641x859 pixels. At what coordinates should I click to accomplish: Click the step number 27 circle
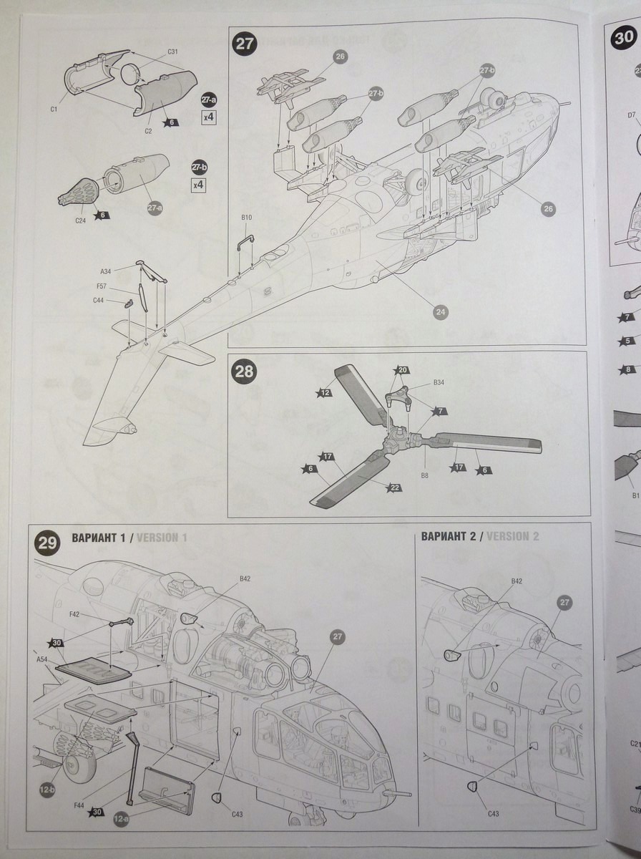(245, 44)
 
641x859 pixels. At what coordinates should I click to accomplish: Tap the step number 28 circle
(245, 372)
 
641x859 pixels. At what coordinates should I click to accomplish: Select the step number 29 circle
(48, 543)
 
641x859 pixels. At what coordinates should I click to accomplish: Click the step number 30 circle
(623, 39)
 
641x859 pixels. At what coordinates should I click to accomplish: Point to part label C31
(172, 52)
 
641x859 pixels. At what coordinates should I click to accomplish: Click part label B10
(247, 217)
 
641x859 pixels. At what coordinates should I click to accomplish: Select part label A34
(106, 271)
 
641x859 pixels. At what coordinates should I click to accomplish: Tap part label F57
(102, 286)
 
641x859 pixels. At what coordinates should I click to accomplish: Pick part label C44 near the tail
(99, 301)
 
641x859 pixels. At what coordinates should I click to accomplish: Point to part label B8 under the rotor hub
(424, 475)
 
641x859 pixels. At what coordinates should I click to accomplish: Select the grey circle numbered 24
(441, 311)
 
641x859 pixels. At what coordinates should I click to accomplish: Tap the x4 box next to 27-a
(209, 116)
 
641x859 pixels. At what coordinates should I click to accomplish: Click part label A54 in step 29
(41, 659)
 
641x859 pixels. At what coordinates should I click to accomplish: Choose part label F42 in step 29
(74, 614)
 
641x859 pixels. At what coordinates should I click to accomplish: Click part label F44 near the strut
(80, 805)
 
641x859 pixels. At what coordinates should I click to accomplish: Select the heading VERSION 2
(512, 536)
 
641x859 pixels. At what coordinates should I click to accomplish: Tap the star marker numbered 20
(403, 370)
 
